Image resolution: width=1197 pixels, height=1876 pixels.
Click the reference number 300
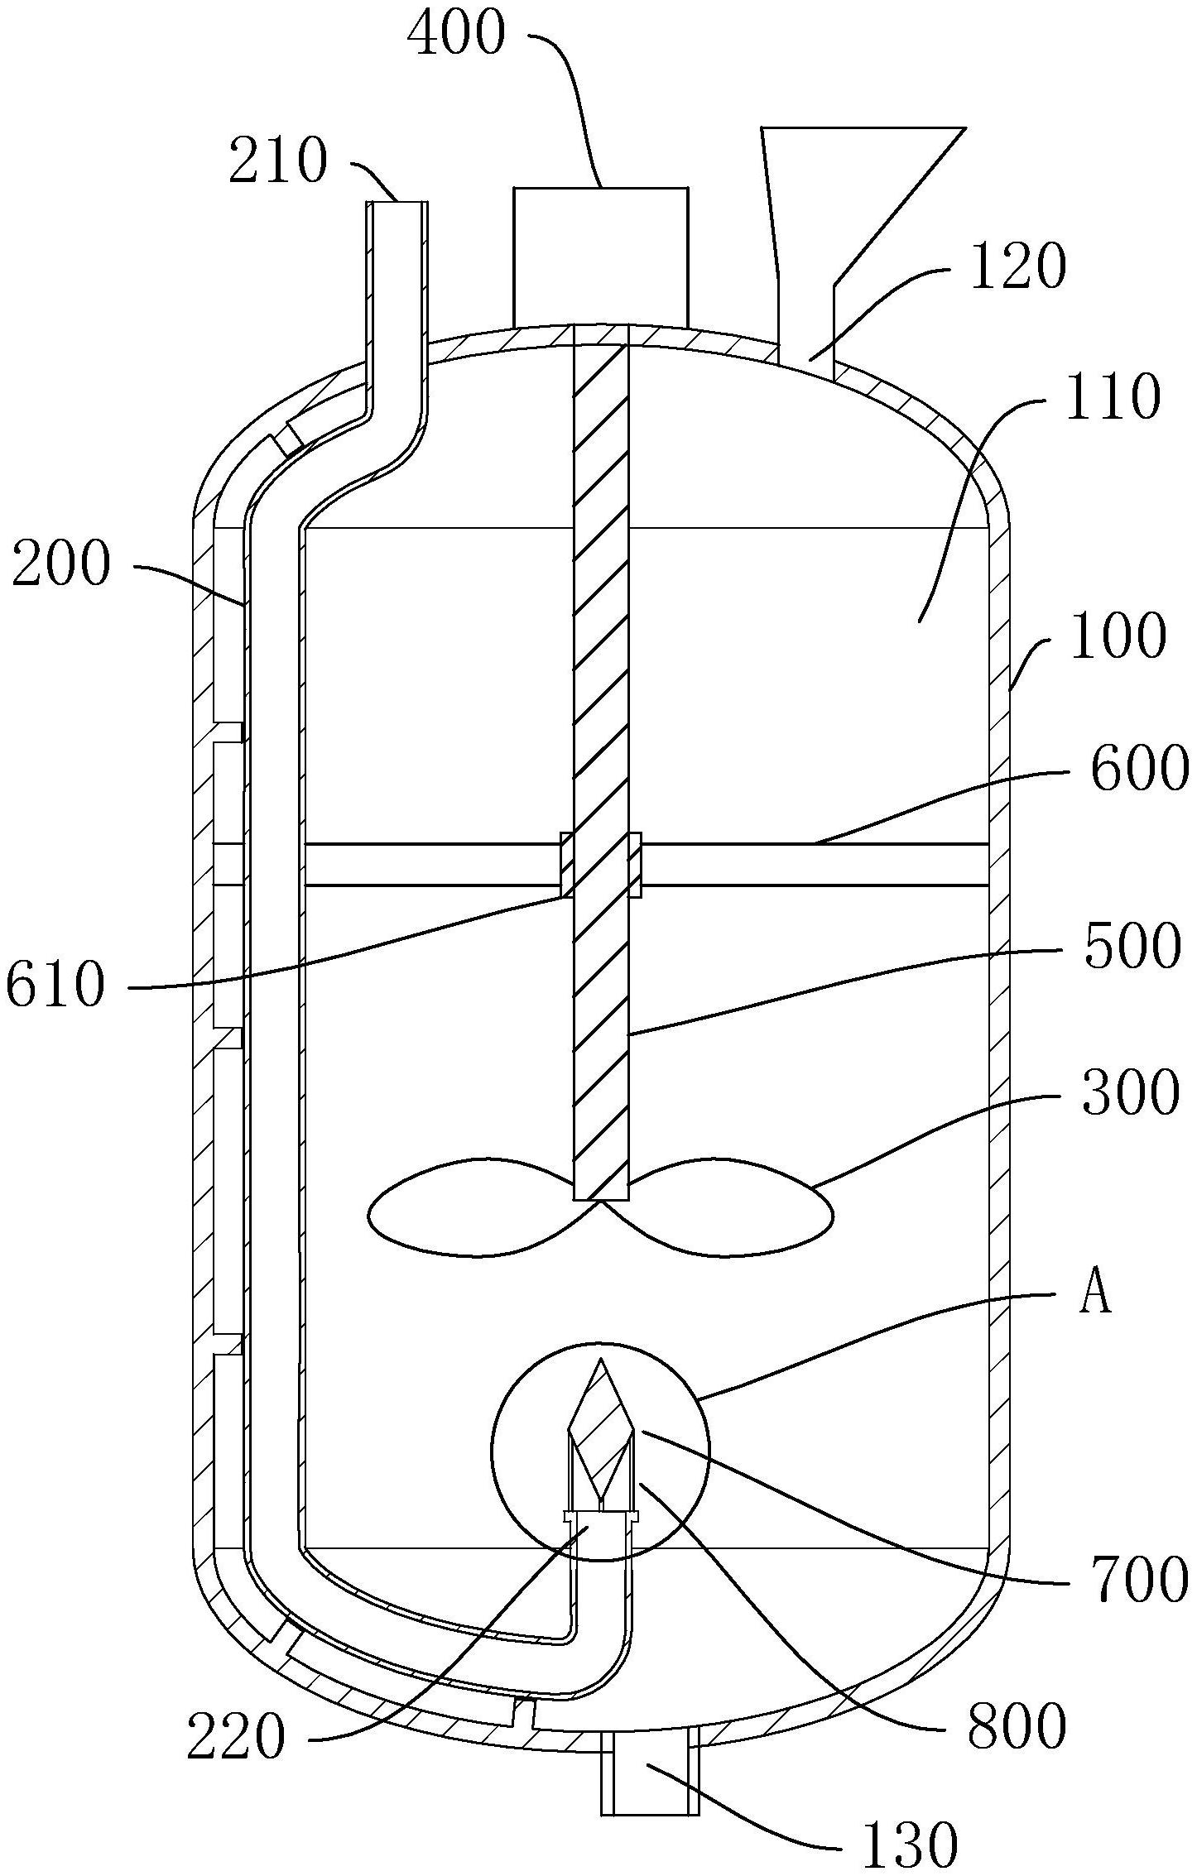pos(1128,1092)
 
